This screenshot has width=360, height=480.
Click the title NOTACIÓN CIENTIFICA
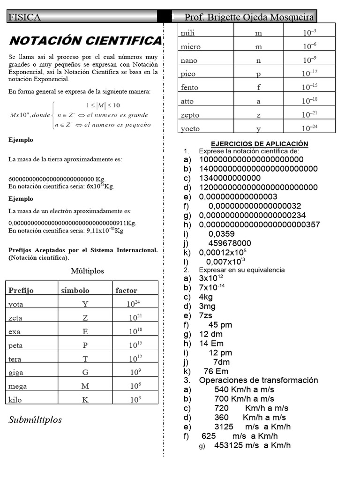85,41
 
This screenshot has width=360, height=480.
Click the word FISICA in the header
24,17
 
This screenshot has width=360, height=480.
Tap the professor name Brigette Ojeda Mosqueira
249,17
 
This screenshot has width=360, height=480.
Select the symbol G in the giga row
85,373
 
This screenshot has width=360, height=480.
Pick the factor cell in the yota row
134,304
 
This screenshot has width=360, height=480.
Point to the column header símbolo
75,290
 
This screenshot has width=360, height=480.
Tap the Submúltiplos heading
35,420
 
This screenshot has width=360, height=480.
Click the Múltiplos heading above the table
87,271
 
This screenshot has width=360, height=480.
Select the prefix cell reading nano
189,60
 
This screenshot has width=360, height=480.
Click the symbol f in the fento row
259,87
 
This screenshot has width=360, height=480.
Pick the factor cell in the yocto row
309,128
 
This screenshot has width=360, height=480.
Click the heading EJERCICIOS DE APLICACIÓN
259,144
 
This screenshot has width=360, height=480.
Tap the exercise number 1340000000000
230,178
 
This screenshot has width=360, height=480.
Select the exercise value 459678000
230,243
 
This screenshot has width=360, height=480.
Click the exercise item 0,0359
221,233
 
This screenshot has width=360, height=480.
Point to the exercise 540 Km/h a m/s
244,390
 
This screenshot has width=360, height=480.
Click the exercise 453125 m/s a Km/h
252,445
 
